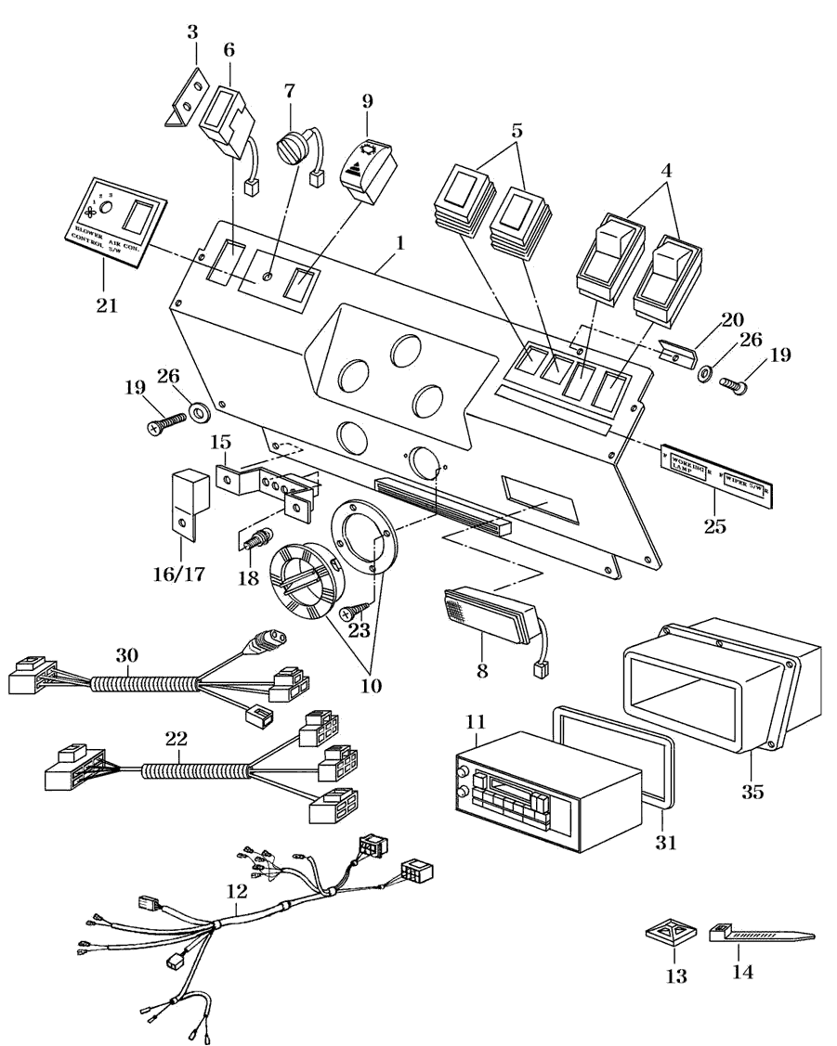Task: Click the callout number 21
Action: (x=107, y=304)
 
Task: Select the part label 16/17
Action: (x=178, y=573)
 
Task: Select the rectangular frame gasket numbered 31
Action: (x=613, y=761)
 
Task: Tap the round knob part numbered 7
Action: (x=294, y=148)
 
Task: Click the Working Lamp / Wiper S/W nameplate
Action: (x=717, y=476)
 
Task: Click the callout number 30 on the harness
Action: (x=127, y=655)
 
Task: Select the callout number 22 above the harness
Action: (x=177, y=739)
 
